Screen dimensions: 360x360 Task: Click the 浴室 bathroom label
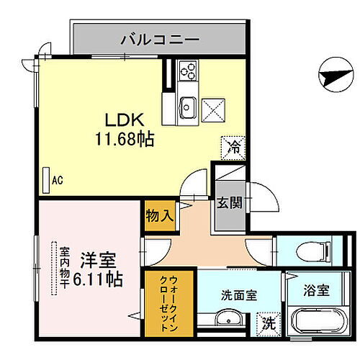click(316, 292)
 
